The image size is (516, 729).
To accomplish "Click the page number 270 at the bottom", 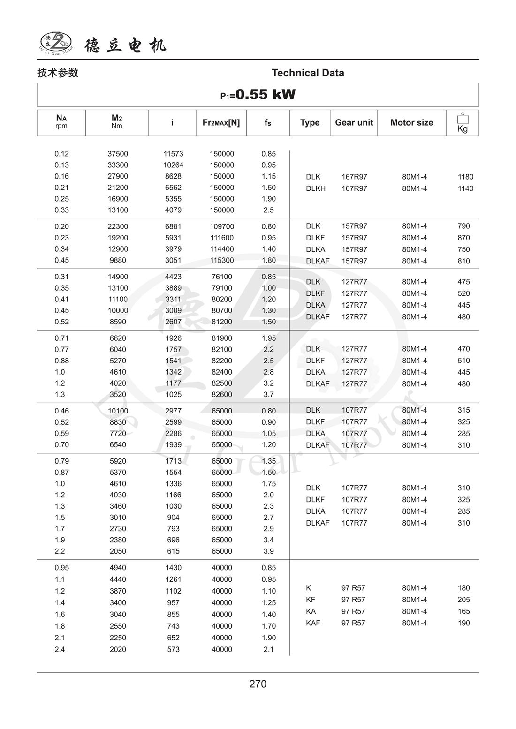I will click(258, 684).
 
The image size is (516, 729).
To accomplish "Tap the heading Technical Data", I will click(308, 73).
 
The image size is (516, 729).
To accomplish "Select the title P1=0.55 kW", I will click(258, 95).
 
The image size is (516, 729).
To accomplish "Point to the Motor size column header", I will click(411, 123).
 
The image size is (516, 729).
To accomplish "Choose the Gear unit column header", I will click(354, 123).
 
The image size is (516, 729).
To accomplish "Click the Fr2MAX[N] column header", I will click(221, 123).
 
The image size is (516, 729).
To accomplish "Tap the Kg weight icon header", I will click(462, 123).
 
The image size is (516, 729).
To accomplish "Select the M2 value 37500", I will click(118, 154).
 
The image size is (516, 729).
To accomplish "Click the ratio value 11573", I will click(173, 154).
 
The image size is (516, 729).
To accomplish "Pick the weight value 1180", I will click(465, 177).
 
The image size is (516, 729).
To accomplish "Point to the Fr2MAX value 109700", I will click(222, 226).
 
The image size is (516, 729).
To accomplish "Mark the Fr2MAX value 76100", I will click(222, 277).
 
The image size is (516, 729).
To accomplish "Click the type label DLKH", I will click(316, 188).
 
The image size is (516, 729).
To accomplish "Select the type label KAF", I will click(313, 623).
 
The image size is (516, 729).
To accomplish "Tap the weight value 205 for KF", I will click(463, 600).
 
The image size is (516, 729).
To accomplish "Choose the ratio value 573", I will click(173, 649).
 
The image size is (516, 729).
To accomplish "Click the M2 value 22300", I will click(118, 226).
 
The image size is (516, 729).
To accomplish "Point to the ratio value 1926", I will click(173, 338).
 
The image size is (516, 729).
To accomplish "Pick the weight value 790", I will click(463, 226).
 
